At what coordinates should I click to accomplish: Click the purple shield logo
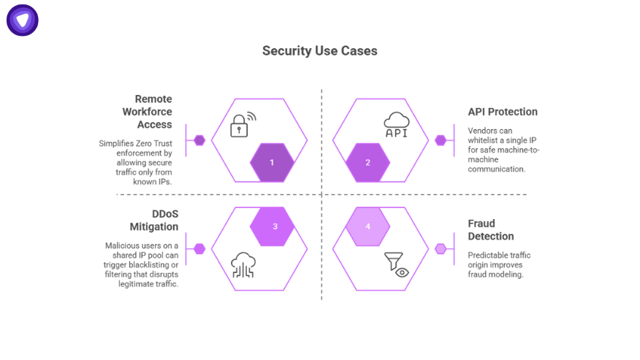click(x=23, y=20)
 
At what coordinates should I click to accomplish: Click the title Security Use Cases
click(x=320, y=51)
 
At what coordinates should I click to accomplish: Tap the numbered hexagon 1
click(x=272, y=162)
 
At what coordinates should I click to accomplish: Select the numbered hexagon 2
click(x=368, y=162)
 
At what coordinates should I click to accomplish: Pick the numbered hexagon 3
click(x=275, y=226)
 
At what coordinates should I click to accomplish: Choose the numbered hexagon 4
click(x=367, y=226)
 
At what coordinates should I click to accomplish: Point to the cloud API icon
click(x=396, y=125)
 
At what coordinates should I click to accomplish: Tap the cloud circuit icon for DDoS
click(x=243, y=265)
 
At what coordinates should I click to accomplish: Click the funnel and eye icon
click(x=396, y=264)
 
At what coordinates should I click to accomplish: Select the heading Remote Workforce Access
click(x=153, y=112)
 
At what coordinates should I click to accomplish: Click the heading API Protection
click(x=503, y=112)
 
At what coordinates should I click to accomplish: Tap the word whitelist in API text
click(x=484, y=139)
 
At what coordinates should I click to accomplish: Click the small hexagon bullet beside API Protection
click(x=441, y=140)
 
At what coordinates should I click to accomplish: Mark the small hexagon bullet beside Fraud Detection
click(x=441, y=249)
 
